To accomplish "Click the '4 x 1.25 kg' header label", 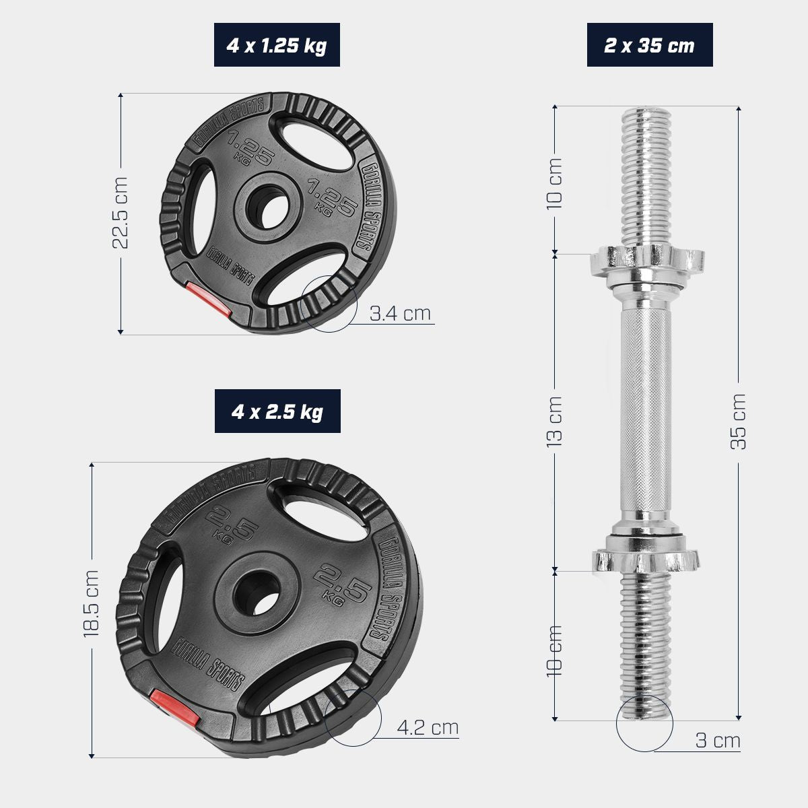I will (x=277, y=45).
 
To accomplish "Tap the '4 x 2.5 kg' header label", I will (x=277, y=411).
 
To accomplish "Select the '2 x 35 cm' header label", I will (x=649, y=45).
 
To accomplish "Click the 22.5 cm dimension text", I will (x=121, y=213).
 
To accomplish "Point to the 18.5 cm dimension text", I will (x=92, y=603).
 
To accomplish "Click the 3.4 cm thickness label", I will (x=400, y=313).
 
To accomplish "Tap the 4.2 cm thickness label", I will (x=428, y=727).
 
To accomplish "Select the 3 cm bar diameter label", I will (x=717, y=741).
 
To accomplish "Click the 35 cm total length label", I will (x=739, y=422).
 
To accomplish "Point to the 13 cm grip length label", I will (x=554, y=422).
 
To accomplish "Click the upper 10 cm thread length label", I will (x=554, y=183).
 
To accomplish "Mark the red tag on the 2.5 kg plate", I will (x=174, y=705).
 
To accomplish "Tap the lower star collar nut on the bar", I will (x=646, y=556).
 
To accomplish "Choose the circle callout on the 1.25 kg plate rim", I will (x=329, y=303).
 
